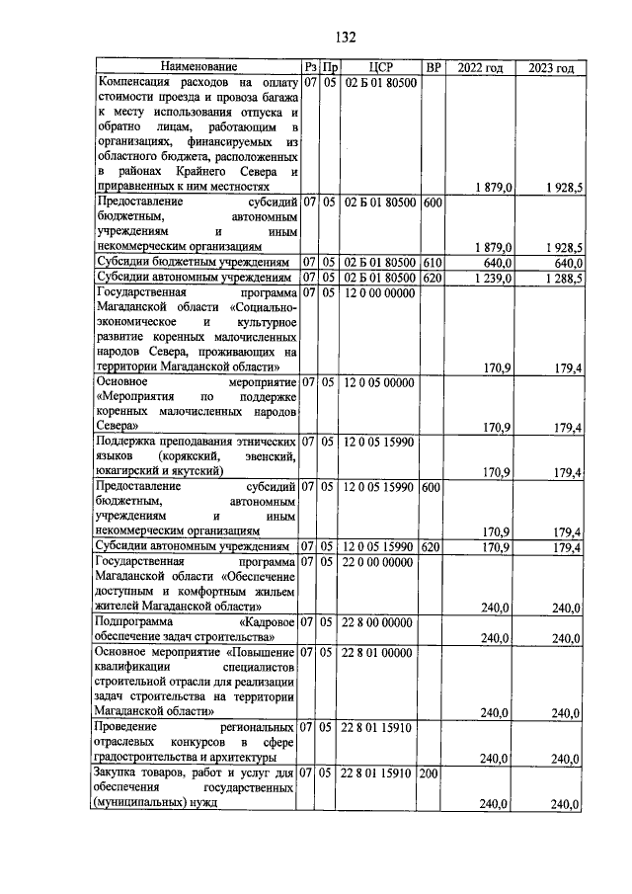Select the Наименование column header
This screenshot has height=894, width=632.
[198, 67]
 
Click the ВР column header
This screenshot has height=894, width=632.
[432, 67]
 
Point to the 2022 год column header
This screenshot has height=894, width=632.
[480, 67]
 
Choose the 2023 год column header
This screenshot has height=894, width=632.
[551, 67]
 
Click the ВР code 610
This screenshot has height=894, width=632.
[432, 263]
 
